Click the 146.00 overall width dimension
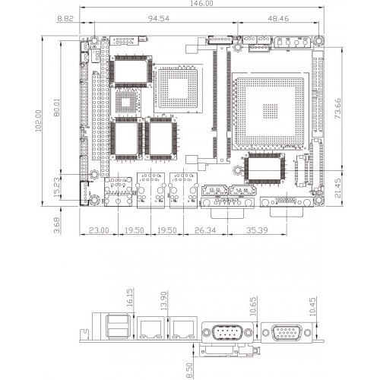tap(201, 3)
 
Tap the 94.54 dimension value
tap(159, 18)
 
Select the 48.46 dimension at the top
tap(278, 18)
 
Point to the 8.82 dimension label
tap(65, 18)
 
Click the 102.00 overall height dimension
tap(38, 121)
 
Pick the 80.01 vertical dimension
tap(57, 107)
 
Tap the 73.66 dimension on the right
tap(337, 109)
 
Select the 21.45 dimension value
tap(337, 188)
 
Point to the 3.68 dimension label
tap(57, 225)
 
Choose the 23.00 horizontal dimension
tap(99, 230)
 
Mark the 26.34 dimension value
tap(205, 230)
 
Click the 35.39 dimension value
tap(257, 230)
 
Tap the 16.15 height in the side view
tap(129, 298)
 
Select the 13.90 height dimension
tap(164, 301)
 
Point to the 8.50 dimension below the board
tap(189, 370)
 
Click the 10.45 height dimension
tap(312, 306)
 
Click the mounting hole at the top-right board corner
tap(318, 41)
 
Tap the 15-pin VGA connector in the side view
tap(287, 333)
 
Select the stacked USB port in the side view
tap(118, 326)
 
